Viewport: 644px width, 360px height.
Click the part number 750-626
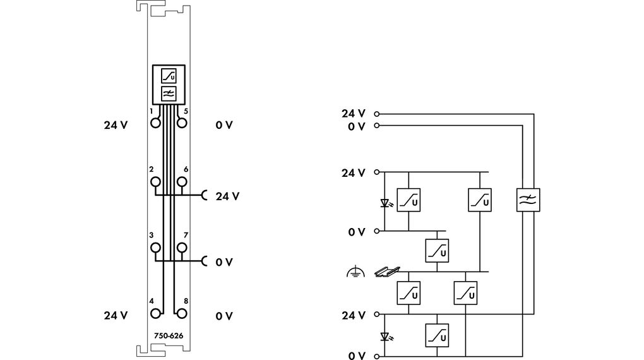pyautogui.click(x=168, y=336)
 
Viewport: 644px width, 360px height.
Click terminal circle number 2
pyautogui.click(x=155, y=182)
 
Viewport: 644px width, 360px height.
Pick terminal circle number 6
pyautogui.click(x=181, y=182)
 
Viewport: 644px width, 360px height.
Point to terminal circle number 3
pyautogui.click(x=155, y=248)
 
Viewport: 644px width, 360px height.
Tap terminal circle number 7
pyautogui.click(x=181, y=248)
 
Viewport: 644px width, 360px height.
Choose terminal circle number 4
pyautogui.click(x=155, y=313)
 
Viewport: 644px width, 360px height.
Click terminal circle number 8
pyautogui.click(x=181, y=313)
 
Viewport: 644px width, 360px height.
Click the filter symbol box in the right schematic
pyautogui.click(x=528, y=200)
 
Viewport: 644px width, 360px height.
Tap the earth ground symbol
pyautogui.click(x=356, y=272)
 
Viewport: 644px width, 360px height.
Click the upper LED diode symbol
pyautogui.click(x=385, y=203)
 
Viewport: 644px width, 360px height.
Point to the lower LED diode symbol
pyautogui.click(x=385, y=335)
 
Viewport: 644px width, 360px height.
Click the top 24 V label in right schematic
pyautogui.click(x=354, y=114)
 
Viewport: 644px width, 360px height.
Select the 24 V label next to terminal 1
pyautogui.click(x=116, y=125)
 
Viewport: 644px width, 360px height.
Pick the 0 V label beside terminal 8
pyautogui.click(x=224, y=316)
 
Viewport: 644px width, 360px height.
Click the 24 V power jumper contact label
pyautogui.click(x=227, y=196)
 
